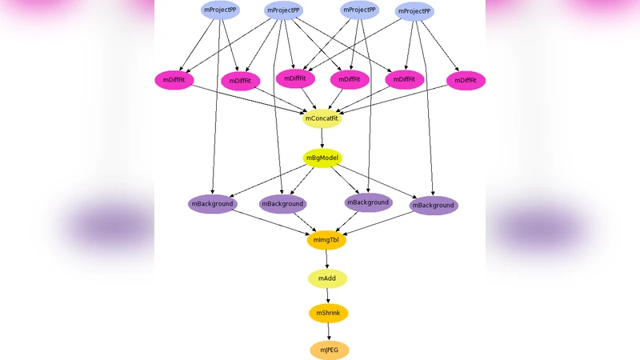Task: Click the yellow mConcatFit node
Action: click(322, 119)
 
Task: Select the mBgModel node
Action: click(322, 158)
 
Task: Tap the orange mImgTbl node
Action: click(326, 240)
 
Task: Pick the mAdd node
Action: click(327, 278)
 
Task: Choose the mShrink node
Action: click(329, 313)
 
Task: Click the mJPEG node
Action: click(330, 350)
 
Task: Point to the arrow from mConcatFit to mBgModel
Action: click(322, 138)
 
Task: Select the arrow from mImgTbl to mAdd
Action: click(326, 259)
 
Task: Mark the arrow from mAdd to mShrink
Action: click(328, 295)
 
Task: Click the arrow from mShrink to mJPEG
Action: click(329, 331)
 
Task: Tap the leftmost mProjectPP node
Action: click(220, 10)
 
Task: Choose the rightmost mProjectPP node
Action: click(414, 11)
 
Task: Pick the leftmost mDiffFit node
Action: click(174, 80)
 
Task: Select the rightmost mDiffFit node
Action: click(466, 81)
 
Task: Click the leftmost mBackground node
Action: click(212, 204)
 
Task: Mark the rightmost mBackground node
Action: click(434, 206)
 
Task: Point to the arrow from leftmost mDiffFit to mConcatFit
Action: click(248, 99)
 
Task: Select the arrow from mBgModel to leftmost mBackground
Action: click(268, 182)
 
